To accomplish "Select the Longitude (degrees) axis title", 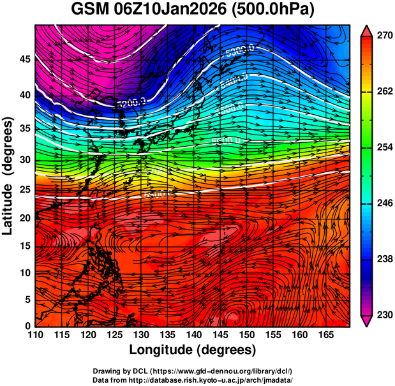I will (193, 350).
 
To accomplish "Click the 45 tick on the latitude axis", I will (25, 59).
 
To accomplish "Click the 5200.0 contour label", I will (131, 101).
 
